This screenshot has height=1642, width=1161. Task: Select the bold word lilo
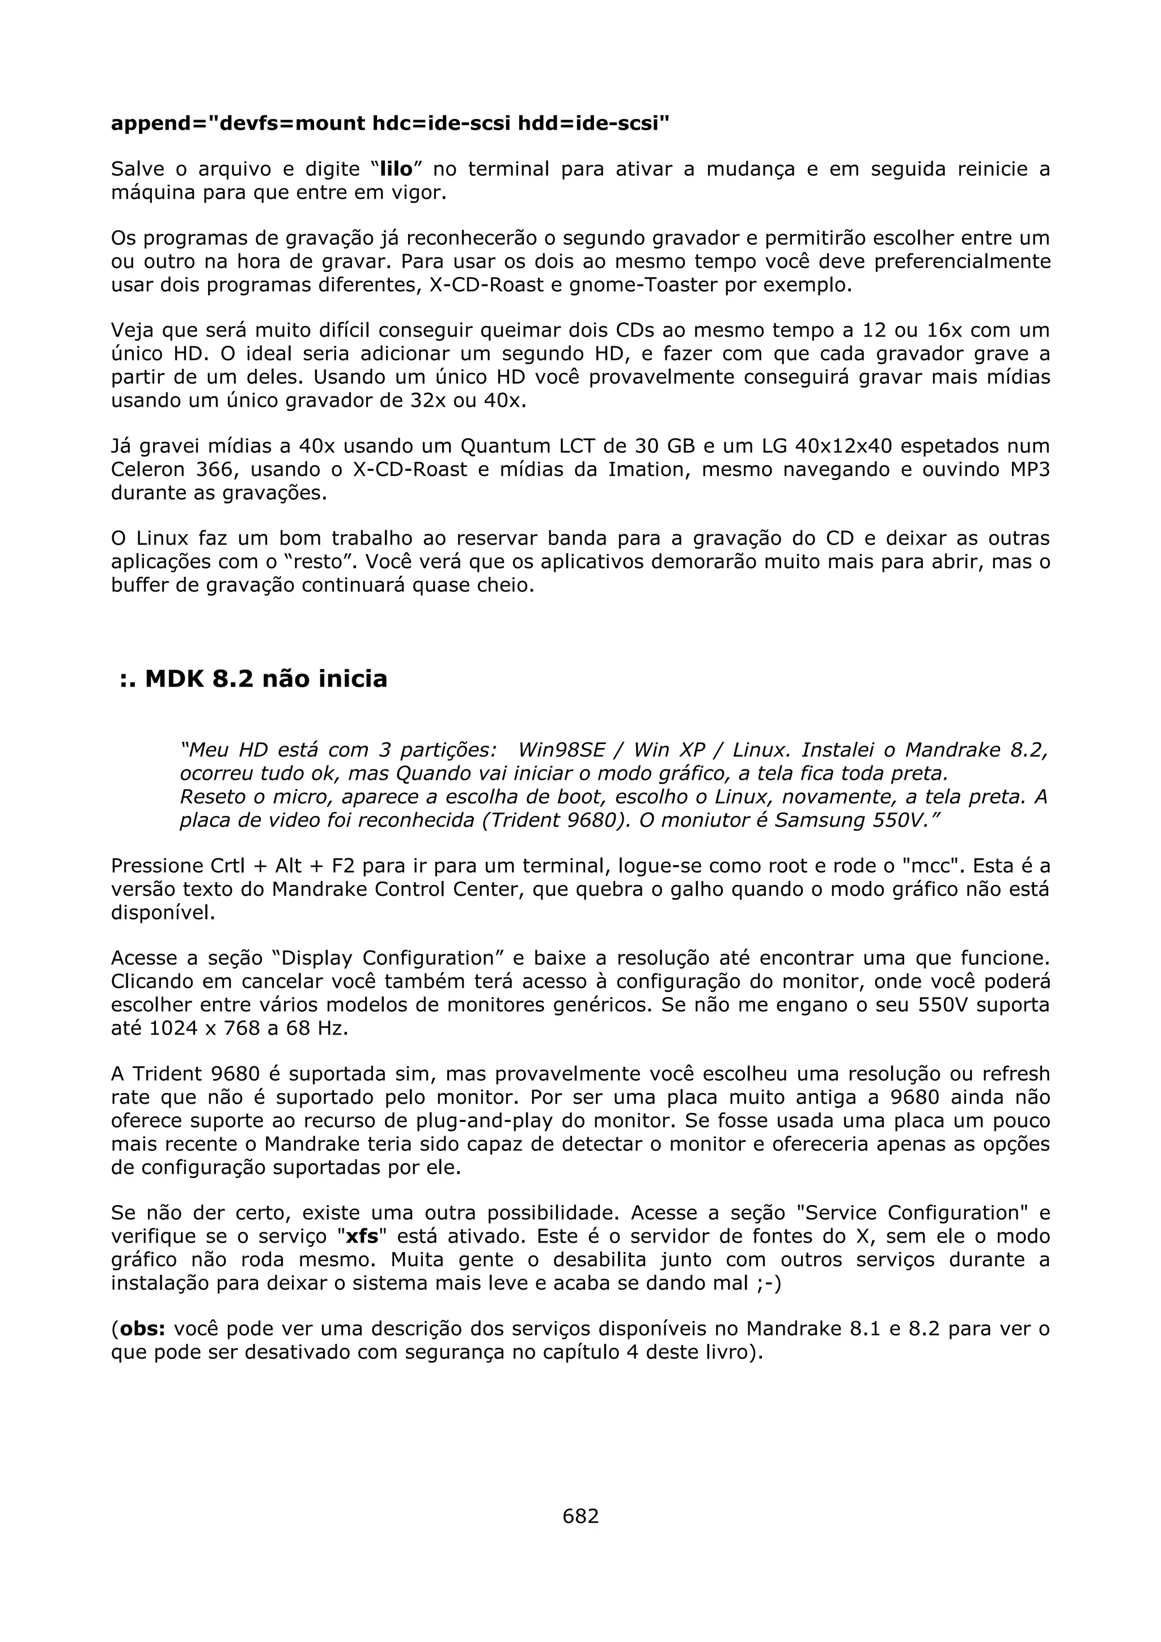pos(396,169)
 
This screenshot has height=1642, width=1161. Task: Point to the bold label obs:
pos(142,1329)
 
